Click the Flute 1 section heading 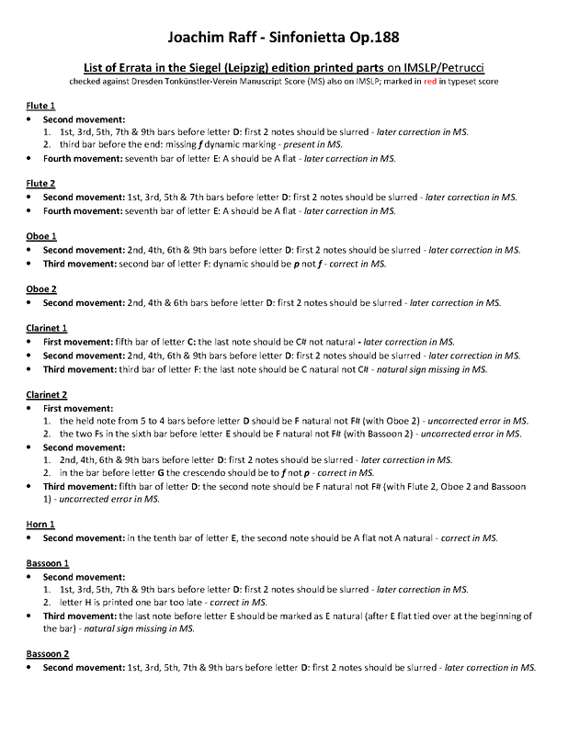[x=40, y=107]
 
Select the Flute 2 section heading [x=40, y=184]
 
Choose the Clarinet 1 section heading [x=47, y=327]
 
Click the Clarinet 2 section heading [x=47, y=392]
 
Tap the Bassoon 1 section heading [x=47, y=562]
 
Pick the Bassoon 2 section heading [x=47, y=653]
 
